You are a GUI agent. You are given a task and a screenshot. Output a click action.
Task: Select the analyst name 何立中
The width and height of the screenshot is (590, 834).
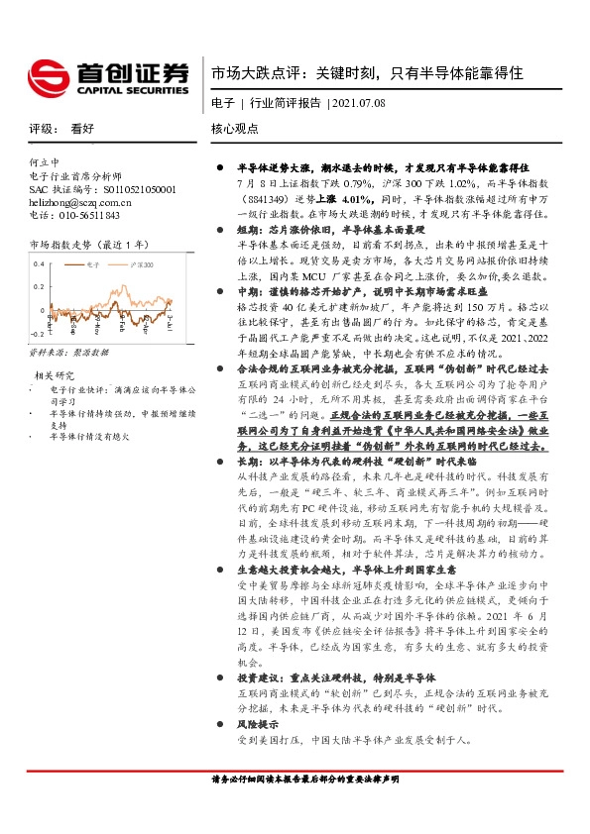44,161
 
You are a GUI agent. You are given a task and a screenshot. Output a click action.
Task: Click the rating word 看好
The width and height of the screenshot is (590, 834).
82,129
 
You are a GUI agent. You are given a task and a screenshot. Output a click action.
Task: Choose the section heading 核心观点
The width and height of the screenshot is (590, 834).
235,129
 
